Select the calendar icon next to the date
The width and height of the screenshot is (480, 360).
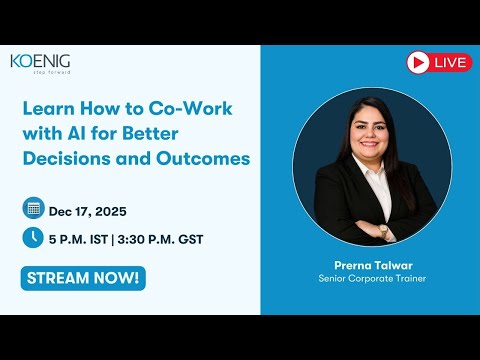coord(33,209)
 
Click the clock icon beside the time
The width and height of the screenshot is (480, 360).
coord(33,238)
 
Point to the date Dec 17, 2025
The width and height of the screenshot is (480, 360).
coord(87,210)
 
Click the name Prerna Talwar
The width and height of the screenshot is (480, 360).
coord(365,265)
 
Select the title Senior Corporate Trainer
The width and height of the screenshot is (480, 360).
coord(365,278)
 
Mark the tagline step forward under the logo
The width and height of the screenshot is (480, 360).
coord(52,74)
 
